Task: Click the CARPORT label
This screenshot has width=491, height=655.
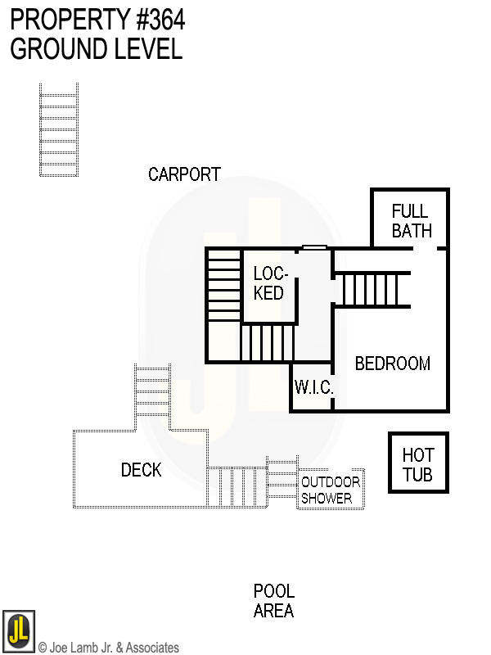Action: (184, 174)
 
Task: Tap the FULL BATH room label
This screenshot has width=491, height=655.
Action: (411, 221)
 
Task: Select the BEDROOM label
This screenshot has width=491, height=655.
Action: (392, 364)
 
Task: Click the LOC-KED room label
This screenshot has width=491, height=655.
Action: (268, 283)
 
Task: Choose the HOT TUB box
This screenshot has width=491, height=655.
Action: (418, 463)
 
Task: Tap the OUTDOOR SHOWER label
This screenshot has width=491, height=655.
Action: (330, 490)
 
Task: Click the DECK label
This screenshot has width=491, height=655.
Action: (141, 470)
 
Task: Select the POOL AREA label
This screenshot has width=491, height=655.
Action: (273, 601)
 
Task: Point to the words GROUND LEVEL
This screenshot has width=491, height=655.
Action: (96, 49)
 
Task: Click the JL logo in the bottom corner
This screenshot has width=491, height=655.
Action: (18, 631)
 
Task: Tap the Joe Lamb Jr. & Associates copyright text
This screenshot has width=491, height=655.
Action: (108, 648)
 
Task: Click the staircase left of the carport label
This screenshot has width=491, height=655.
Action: (59, 129)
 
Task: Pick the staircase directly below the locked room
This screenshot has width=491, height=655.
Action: (267, 342)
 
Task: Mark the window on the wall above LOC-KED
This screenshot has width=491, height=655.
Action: (314, 247)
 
